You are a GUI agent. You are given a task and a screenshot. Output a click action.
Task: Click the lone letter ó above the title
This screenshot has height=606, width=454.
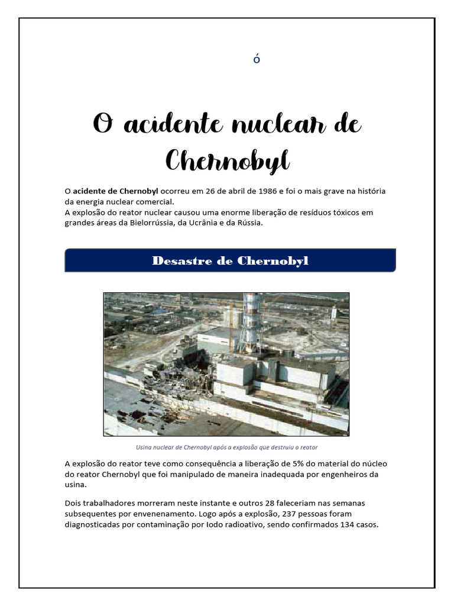point(257,59)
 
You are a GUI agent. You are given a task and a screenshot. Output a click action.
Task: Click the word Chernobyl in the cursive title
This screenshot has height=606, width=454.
point(227,160)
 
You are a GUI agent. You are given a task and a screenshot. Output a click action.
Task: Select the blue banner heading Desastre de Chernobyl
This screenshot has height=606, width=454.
point(230,261)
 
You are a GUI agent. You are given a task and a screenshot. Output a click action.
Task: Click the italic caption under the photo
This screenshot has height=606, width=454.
point(226,447)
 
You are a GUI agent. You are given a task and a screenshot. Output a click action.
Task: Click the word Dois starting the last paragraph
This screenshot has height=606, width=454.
point(74,503)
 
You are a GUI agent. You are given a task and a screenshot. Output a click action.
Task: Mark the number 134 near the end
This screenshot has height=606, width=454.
point(343,524)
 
